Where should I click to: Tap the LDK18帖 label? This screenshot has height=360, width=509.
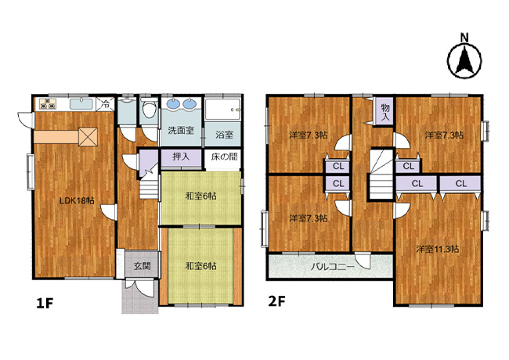coord(77,201)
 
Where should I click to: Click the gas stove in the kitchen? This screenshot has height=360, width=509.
coord(48,104)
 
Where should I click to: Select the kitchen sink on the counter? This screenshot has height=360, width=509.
coord(81,104)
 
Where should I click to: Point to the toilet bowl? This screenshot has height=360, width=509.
coord(150,109)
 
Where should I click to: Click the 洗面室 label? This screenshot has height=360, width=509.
coord(181,131)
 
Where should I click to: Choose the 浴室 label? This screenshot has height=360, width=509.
coord(224,135)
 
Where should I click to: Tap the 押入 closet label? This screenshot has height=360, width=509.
coord(181,157)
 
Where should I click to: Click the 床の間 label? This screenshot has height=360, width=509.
coord(224,157)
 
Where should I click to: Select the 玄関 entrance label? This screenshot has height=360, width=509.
coord(143,266)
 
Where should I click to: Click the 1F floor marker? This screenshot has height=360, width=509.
coord(45,303)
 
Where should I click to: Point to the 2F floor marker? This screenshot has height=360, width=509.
coord(276,301)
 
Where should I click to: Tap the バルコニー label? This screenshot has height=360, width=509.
coord(332,267)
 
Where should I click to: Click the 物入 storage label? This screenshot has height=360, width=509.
coord(385,112)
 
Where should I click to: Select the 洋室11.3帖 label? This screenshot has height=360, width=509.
coord(438,249)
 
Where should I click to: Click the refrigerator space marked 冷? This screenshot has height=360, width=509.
coord(105,104)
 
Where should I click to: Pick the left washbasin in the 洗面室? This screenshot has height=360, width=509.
coord(174,104)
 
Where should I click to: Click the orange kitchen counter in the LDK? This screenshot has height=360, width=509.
coord(57,136)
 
